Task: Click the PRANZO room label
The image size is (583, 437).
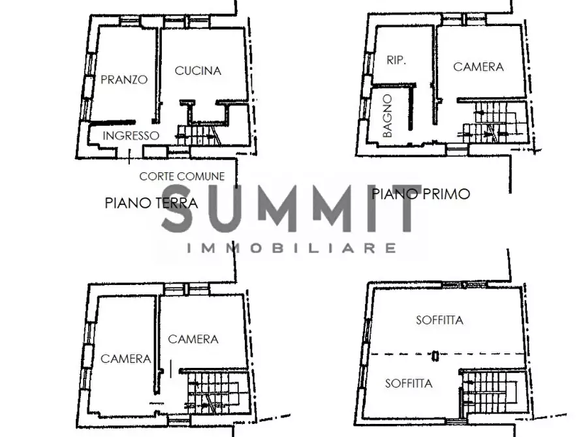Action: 124,80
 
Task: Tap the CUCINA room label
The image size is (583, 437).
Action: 198,70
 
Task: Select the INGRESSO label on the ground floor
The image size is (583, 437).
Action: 131,136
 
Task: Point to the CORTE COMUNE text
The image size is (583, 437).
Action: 181,176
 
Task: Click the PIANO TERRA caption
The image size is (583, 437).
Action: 151,203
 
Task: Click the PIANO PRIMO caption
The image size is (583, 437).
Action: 421,194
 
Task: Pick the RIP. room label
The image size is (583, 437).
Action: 396,60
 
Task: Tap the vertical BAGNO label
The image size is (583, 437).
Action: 387,115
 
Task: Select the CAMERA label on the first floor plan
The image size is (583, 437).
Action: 479,67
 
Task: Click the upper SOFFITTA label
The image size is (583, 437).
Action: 439,320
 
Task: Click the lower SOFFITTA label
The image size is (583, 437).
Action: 409,383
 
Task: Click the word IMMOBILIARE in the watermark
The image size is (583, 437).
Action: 291,248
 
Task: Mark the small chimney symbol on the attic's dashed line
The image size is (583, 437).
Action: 435,355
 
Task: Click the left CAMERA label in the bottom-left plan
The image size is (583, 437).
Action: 125,359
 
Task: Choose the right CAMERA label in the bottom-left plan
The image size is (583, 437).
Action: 193,339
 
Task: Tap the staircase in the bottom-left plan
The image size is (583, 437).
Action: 213,393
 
